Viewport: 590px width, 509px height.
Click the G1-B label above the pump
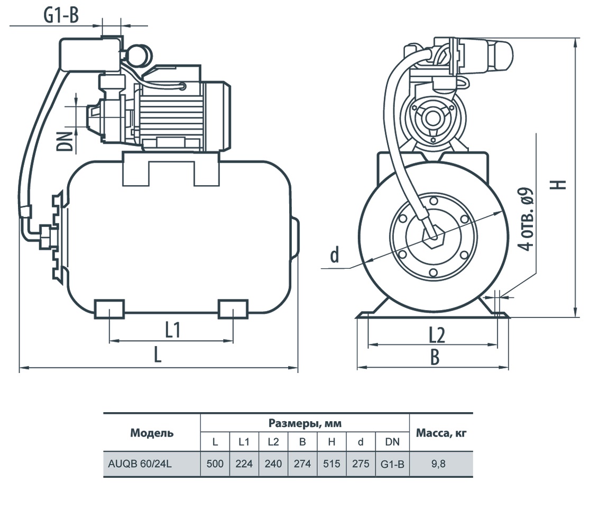[61, 15]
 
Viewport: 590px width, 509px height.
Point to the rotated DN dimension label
[64, 141]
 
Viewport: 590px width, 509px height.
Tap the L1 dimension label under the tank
[172, 330]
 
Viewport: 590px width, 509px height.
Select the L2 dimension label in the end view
[437, 335]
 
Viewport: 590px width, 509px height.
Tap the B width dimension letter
[435, 357]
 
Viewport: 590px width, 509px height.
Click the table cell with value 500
[215, 463]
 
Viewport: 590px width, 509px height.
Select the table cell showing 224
[244, 463]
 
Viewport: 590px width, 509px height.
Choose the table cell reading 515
[331, 463]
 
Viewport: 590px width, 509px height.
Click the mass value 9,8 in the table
[438, 463]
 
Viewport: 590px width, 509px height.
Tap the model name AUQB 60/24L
[140, 463]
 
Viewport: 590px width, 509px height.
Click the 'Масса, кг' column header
[441, 433]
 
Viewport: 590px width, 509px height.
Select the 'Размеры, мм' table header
[305, 423]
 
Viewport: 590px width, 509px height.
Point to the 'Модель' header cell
[152, 433]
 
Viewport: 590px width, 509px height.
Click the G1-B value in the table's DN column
[392, 464]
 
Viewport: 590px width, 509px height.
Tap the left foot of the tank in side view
[109, 309]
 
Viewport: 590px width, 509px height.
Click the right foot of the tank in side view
[233, 309]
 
